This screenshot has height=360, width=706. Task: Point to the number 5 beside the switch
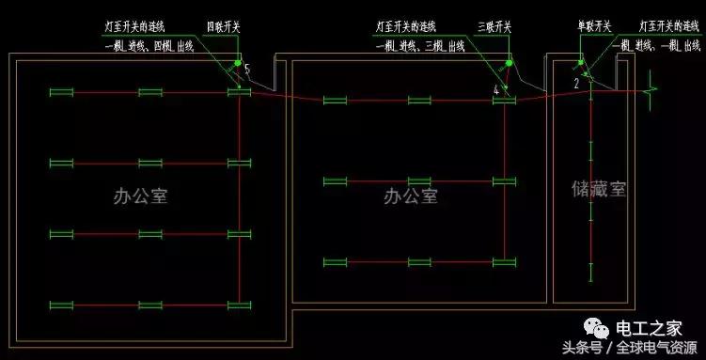point(247,70)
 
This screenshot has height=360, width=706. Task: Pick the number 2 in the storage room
point(576,84)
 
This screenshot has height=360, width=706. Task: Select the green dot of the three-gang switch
point(509,63)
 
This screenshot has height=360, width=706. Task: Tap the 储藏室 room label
point(598,189)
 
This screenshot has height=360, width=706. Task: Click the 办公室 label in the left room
point(139,196)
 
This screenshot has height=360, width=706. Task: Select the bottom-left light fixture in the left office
point(62,304)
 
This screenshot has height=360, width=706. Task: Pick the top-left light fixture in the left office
point(62,91)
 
